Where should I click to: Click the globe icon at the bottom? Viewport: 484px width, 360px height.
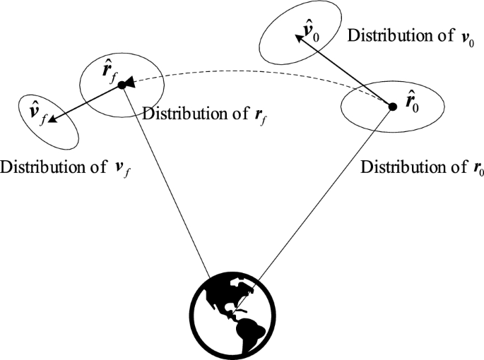(236, 316)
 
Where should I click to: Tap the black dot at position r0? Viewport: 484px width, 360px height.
(393, 107)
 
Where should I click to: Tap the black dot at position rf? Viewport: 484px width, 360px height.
(122, 85)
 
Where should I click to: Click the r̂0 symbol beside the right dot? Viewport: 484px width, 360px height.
(411, 105)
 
